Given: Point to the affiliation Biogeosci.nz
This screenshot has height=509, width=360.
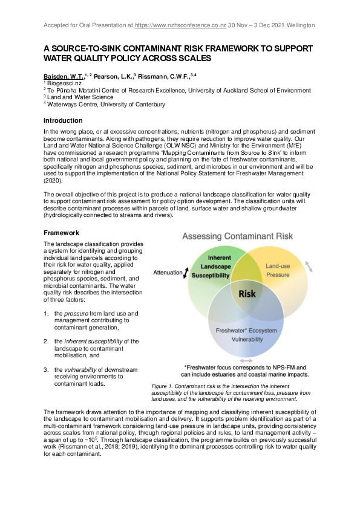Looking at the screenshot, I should (x=64, y=83).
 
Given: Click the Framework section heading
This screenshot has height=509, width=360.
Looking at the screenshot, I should (x=61, y=232).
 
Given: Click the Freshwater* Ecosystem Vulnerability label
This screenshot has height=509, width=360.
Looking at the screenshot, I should (x=247, y=335).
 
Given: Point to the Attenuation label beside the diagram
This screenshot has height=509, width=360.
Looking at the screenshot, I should (x=168, y=272).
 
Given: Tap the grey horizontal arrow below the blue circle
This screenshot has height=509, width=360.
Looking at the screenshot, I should (x=247, y=360).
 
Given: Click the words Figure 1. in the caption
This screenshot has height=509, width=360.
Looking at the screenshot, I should (x=163, y=386).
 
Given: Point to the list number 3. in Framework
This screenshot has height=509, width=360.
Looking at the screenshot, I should (x=46, y=369).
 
